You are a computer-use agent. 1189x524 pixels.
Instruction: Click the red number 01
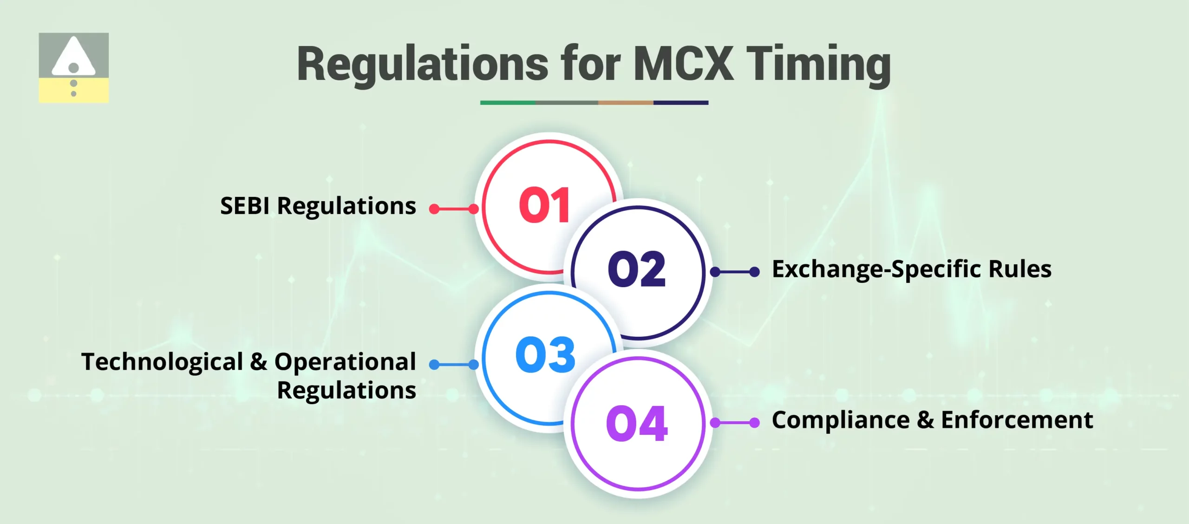point(544,205)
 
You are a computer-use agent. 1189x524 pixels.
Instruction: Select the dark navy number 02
point(637,269)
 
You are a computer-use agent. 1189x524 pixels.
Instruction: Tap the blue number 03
point(545,355)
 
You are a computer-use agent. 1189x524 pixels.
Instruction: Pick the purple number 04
point(637,423)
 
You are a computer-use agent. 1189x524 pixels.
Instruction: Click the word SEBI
point(245,206)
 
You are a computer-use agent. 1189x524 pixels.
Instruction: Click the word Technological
point(162,362)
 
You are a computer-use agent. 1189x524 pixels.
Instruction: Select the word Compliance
point(841,420)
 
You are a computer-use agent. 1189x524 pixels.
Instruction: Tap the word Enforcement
point(1017,420)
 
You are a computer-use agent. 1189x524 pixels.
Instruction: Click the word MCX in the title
point(683,64)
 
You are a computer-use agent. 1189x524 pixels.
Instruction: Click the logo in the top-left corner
point(74,67)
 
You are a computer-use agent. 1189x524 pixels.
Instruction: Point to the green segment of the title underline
point(508,103)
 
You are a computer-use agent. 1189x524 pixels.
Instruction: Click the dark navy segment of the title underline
point(680,103)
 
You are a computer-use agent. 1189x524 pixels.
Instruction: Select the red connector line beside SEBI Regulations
point(454,209)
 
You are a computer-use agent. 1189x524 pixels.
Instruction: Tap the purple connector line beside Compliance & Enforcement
point(735,423)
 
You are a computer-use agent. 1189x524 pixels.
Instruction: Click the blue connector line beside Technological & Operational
point(454,365)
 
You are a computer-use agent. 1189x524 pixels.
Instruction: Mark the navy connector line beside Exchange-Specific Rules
point(735,272)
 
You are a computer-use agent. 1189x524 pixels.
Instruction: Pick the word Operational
point(345,362)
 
